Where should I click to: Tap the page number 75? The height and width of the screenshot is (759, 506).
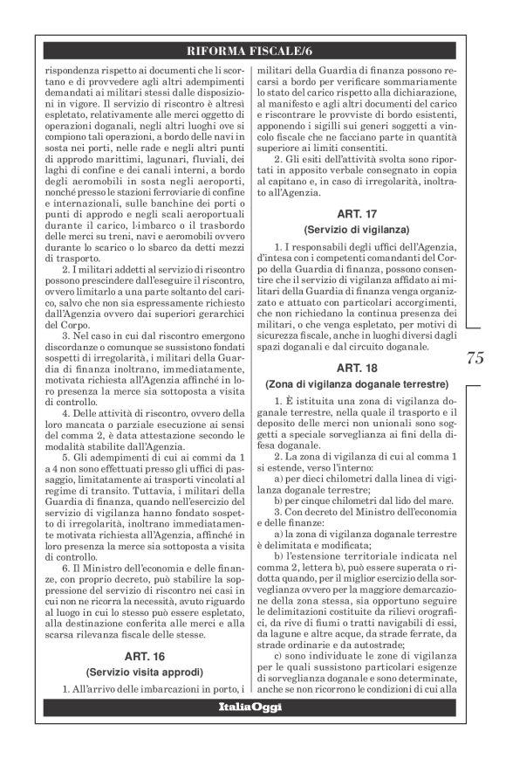point(475,356)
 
